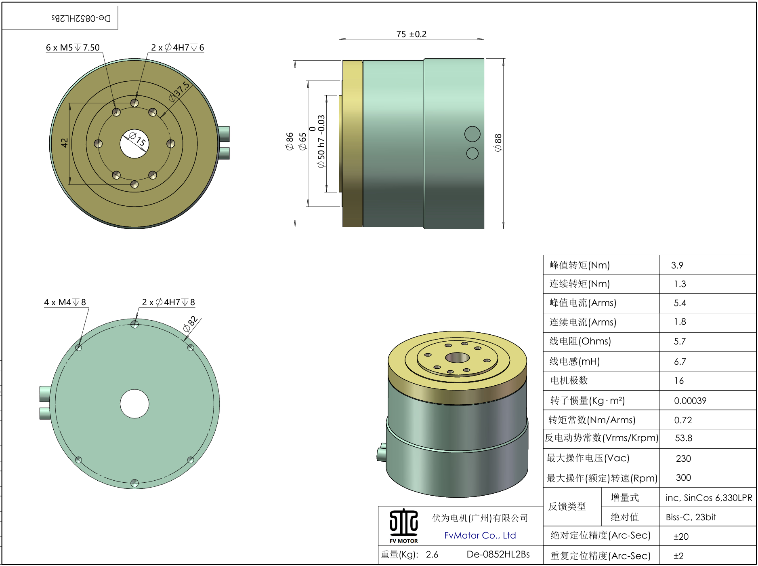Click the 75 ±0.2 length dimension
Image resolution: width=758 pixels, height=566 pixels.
pyautogui.click(x=411, y=34)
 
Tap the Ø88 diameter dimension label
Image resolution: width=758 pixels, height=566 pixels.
pyautogui.click(x=498, y=143)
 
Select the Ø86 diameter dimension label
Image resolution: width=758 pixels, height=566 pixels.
pyautogui.click(x=290, y=141)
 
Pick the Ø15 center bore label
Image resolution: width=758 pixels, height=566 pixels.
pyautogui.click(x=137, y=139)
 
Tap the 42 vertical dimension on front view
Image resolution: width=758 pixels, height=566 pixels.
pyautogui.click(x=64, y=143)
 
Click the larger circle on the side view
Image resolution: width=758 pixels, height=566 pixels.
pyautogui.click(x=472, y=134)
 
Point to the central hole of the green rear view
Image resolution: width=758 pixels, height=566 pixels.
pyautogui.click(x=134, y=403)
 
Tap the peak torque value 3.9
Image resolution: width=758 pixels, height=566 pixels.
pyautogui.click(x=677, y=266)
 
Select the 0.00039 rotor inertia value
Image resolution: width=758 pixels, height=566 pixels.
pyautogui.click(x=690, y=401)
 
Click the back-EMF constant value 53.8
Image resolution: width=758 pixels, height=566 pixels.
pyautogui.click(x=683, y=438)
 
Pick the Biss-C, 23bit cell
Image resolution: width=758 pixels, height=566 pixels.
pyautogui.click(x=691, y=517)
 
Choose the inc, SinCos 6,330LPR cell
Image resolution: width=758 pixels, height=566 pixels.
pyautogui.click(x=709, y=498)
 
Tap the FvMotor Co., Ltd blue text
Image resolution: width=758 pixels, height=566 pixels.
pyautogui.click(x=480, y=536)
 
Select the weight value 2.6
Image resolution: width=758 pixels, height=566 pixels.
pyautogui.click(x=432, y=555)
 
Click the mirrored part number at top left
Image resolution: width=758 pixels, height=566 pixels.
pyautogui.click(x=81, y=18)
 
